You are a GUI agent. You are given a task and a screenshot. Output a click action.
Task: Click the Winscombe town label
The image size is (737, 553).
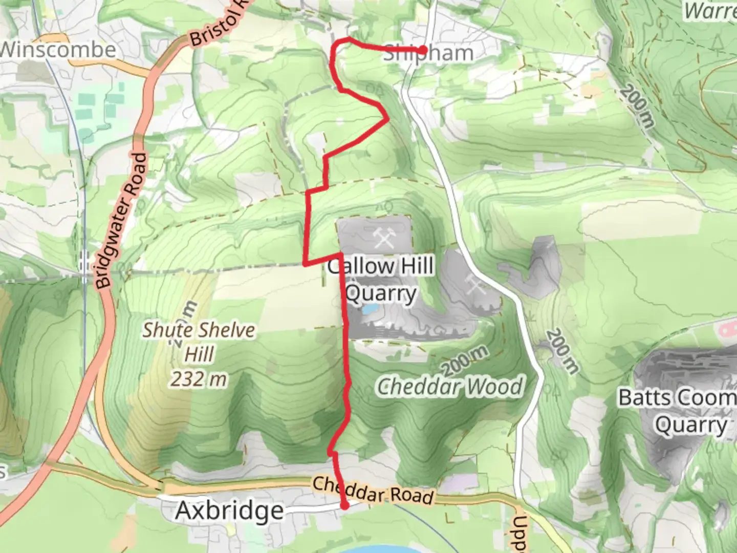[58, 50]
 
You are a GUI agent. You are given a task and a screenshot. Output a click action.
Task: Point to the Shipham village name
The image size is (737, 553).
[428, 53]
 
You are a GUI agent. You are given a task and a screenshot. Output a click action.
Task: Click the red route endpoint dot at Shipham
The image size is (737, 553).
[423, 50]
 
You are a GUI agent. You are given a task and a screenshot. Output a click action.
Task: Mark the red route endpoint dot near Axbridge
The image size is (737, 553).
[345, 506]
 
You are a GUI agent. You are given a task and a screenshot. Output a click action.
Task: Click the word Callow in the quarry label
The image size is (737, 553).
[361, 266]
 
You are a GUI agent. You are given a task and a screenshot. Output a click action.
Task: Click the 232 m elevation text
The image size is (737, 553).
[199, 379]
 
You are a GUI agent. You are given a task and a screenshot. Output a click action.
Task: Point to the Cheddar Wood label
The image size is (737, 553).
[450, 387]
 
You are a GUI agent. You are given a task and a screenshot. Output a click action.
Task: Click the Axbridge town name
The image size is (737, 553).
[229, 511]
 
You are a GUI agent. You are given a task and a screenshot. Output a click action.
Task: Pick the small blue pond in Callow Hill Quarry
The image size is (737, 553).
[370, 309]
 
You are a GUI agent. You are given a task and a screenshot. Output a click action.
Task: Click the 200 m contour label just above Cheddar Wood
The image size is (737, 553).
[464, 360]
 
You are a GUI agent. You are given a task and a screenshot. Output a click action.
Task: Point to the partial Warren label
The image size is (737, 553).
[711, 11]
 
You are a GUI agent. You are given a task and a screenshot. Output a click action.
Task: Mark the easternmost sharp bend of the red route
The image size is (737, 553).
[387, 119]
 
